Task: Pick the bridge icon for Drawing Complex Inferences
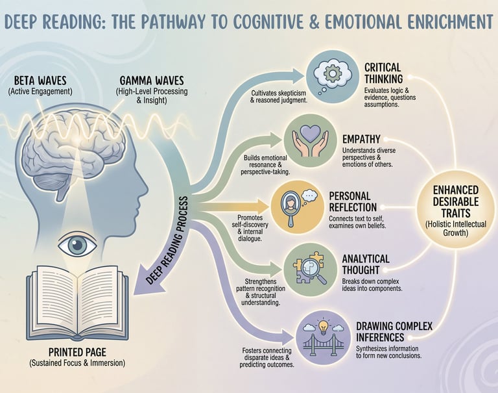click(x=323, y=342)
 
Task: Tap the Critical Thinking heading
click(x=383, y=73)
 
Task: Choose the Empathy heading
click(x=361, y=139)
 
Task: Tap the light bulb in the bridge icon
click(x=323, y=327)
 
